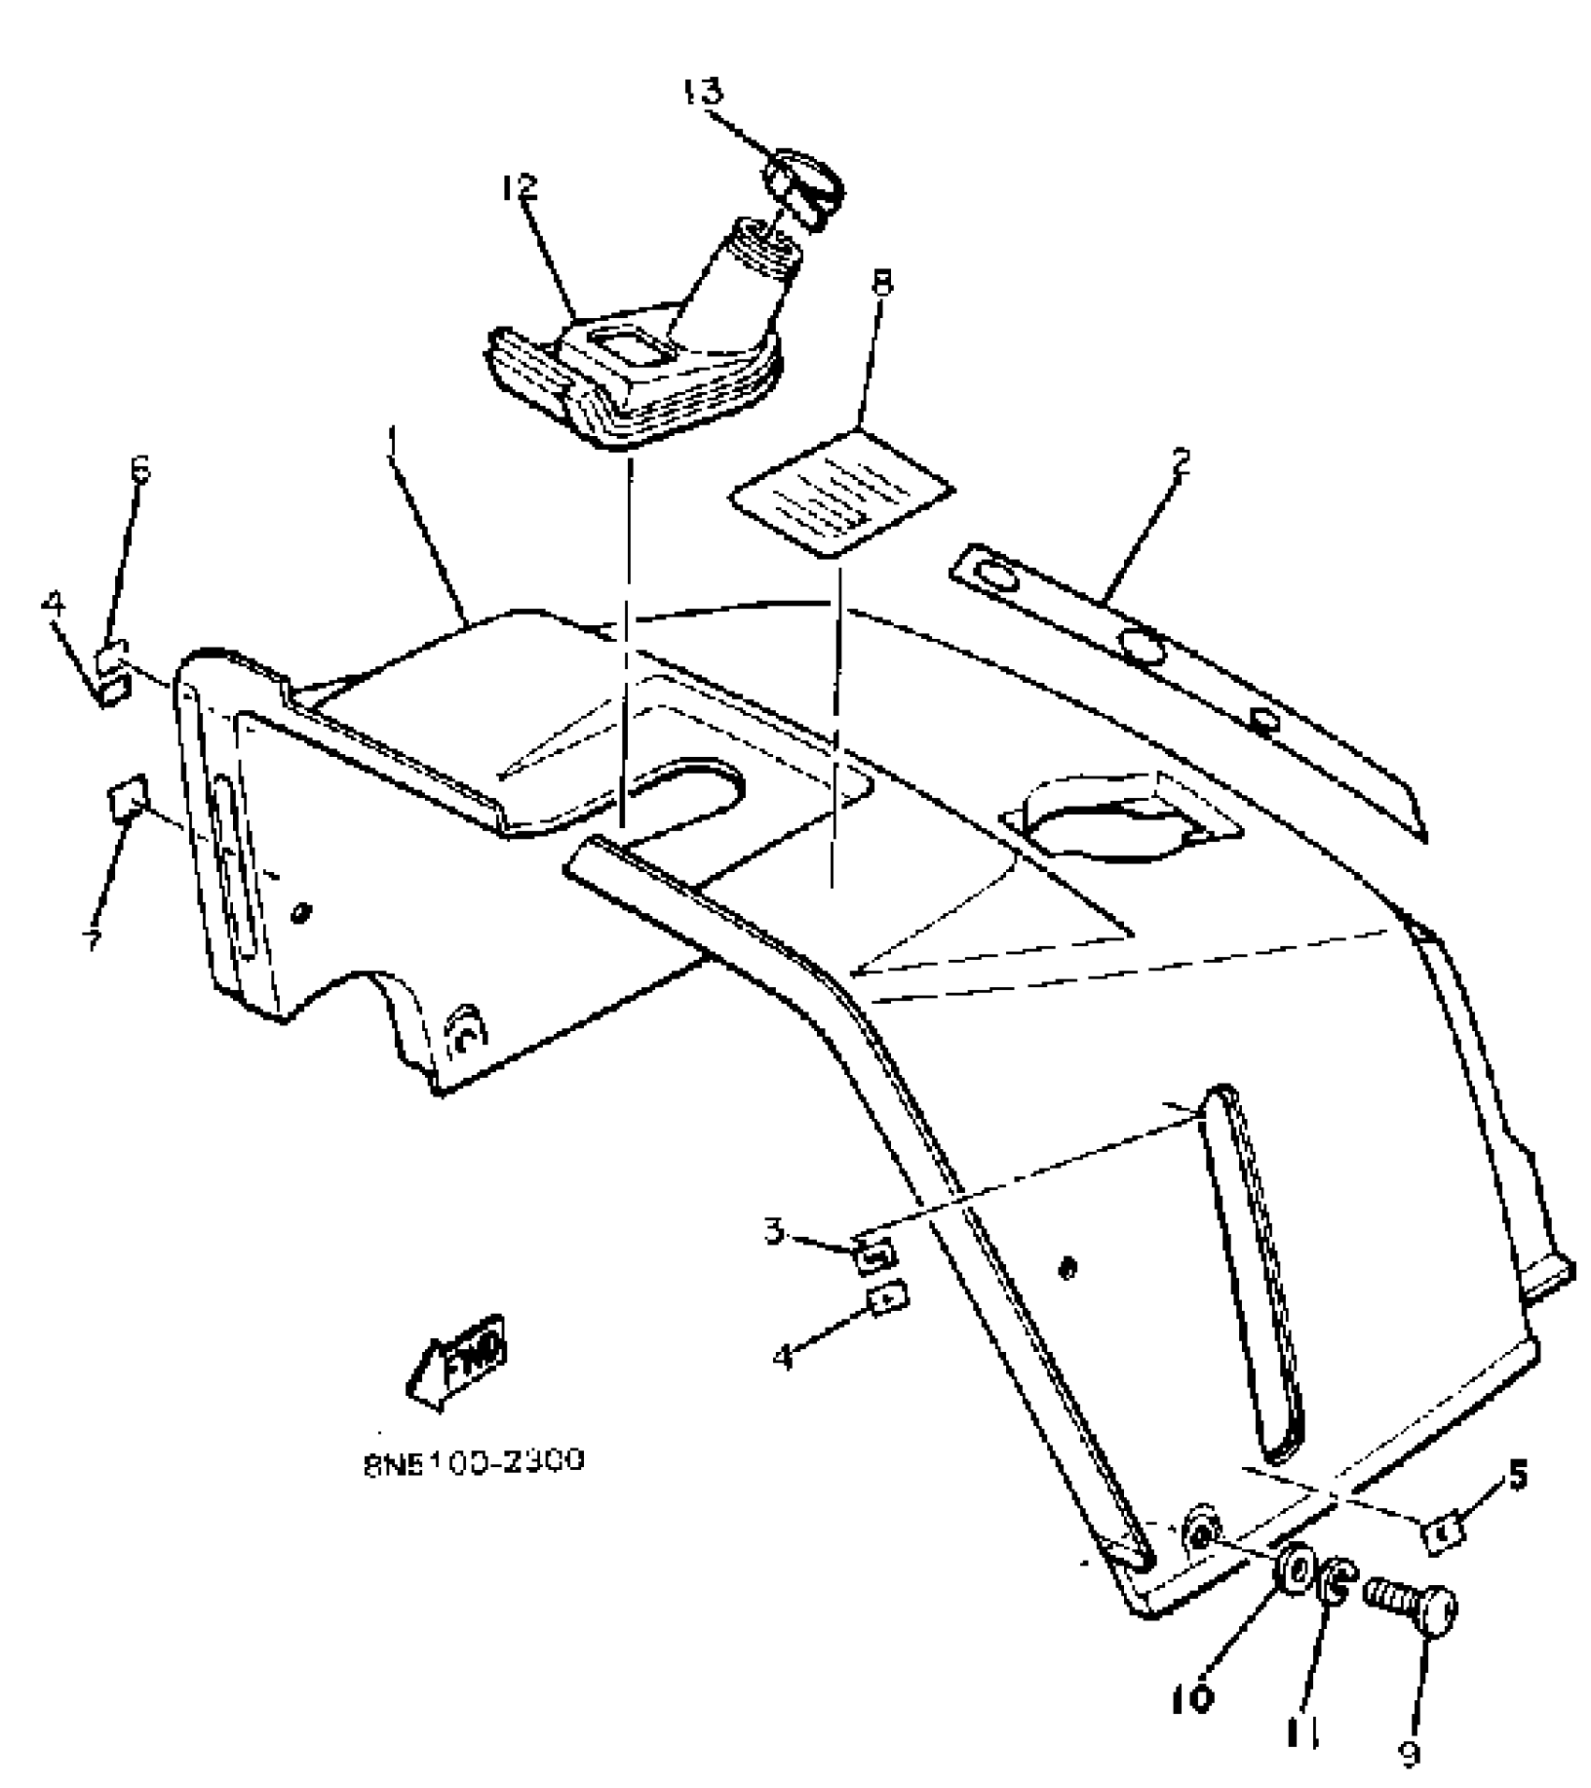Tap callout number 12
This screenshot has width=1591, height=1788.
[519, 187]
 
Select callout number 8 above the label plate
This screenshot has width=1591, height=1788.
[881, 283]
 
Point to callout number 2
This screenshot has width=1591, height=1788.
[1181, 462]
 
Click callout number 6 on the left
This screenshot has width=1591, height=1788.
[140, 471]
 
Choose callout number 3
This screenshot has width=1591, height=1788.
[774, 1231]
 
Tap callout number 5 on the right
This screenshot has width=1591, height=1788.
[1518, 1475]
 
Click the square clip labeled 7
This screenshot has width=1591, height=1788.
[127, 800]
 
